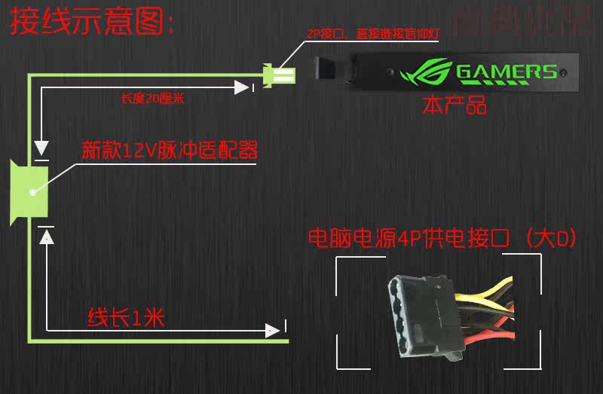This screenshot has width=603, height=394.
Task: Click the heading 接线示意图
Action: tap(90, 23)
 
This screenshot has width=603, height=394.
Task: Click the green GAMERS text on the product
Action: tap(507, 72)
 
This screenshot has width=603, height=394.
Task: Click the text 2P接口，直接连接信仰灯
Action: tap(372, 34)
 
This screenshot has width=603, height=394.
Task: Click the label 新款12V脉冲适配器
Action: tap(169, 151)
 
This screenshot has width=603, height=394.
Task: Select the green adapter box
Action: tap(29, 191)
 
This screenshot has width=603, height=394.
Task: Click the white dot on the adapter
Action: tap(32, 192)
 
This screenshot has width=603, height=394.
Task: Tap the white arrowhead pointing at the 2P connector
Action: tap(242, 88)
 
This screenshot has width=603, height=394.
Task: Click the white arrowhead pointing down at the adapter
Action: tap(41, 148)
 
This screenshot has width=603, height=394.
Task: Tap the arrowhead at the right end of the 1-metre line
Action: tap(271, 330)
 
